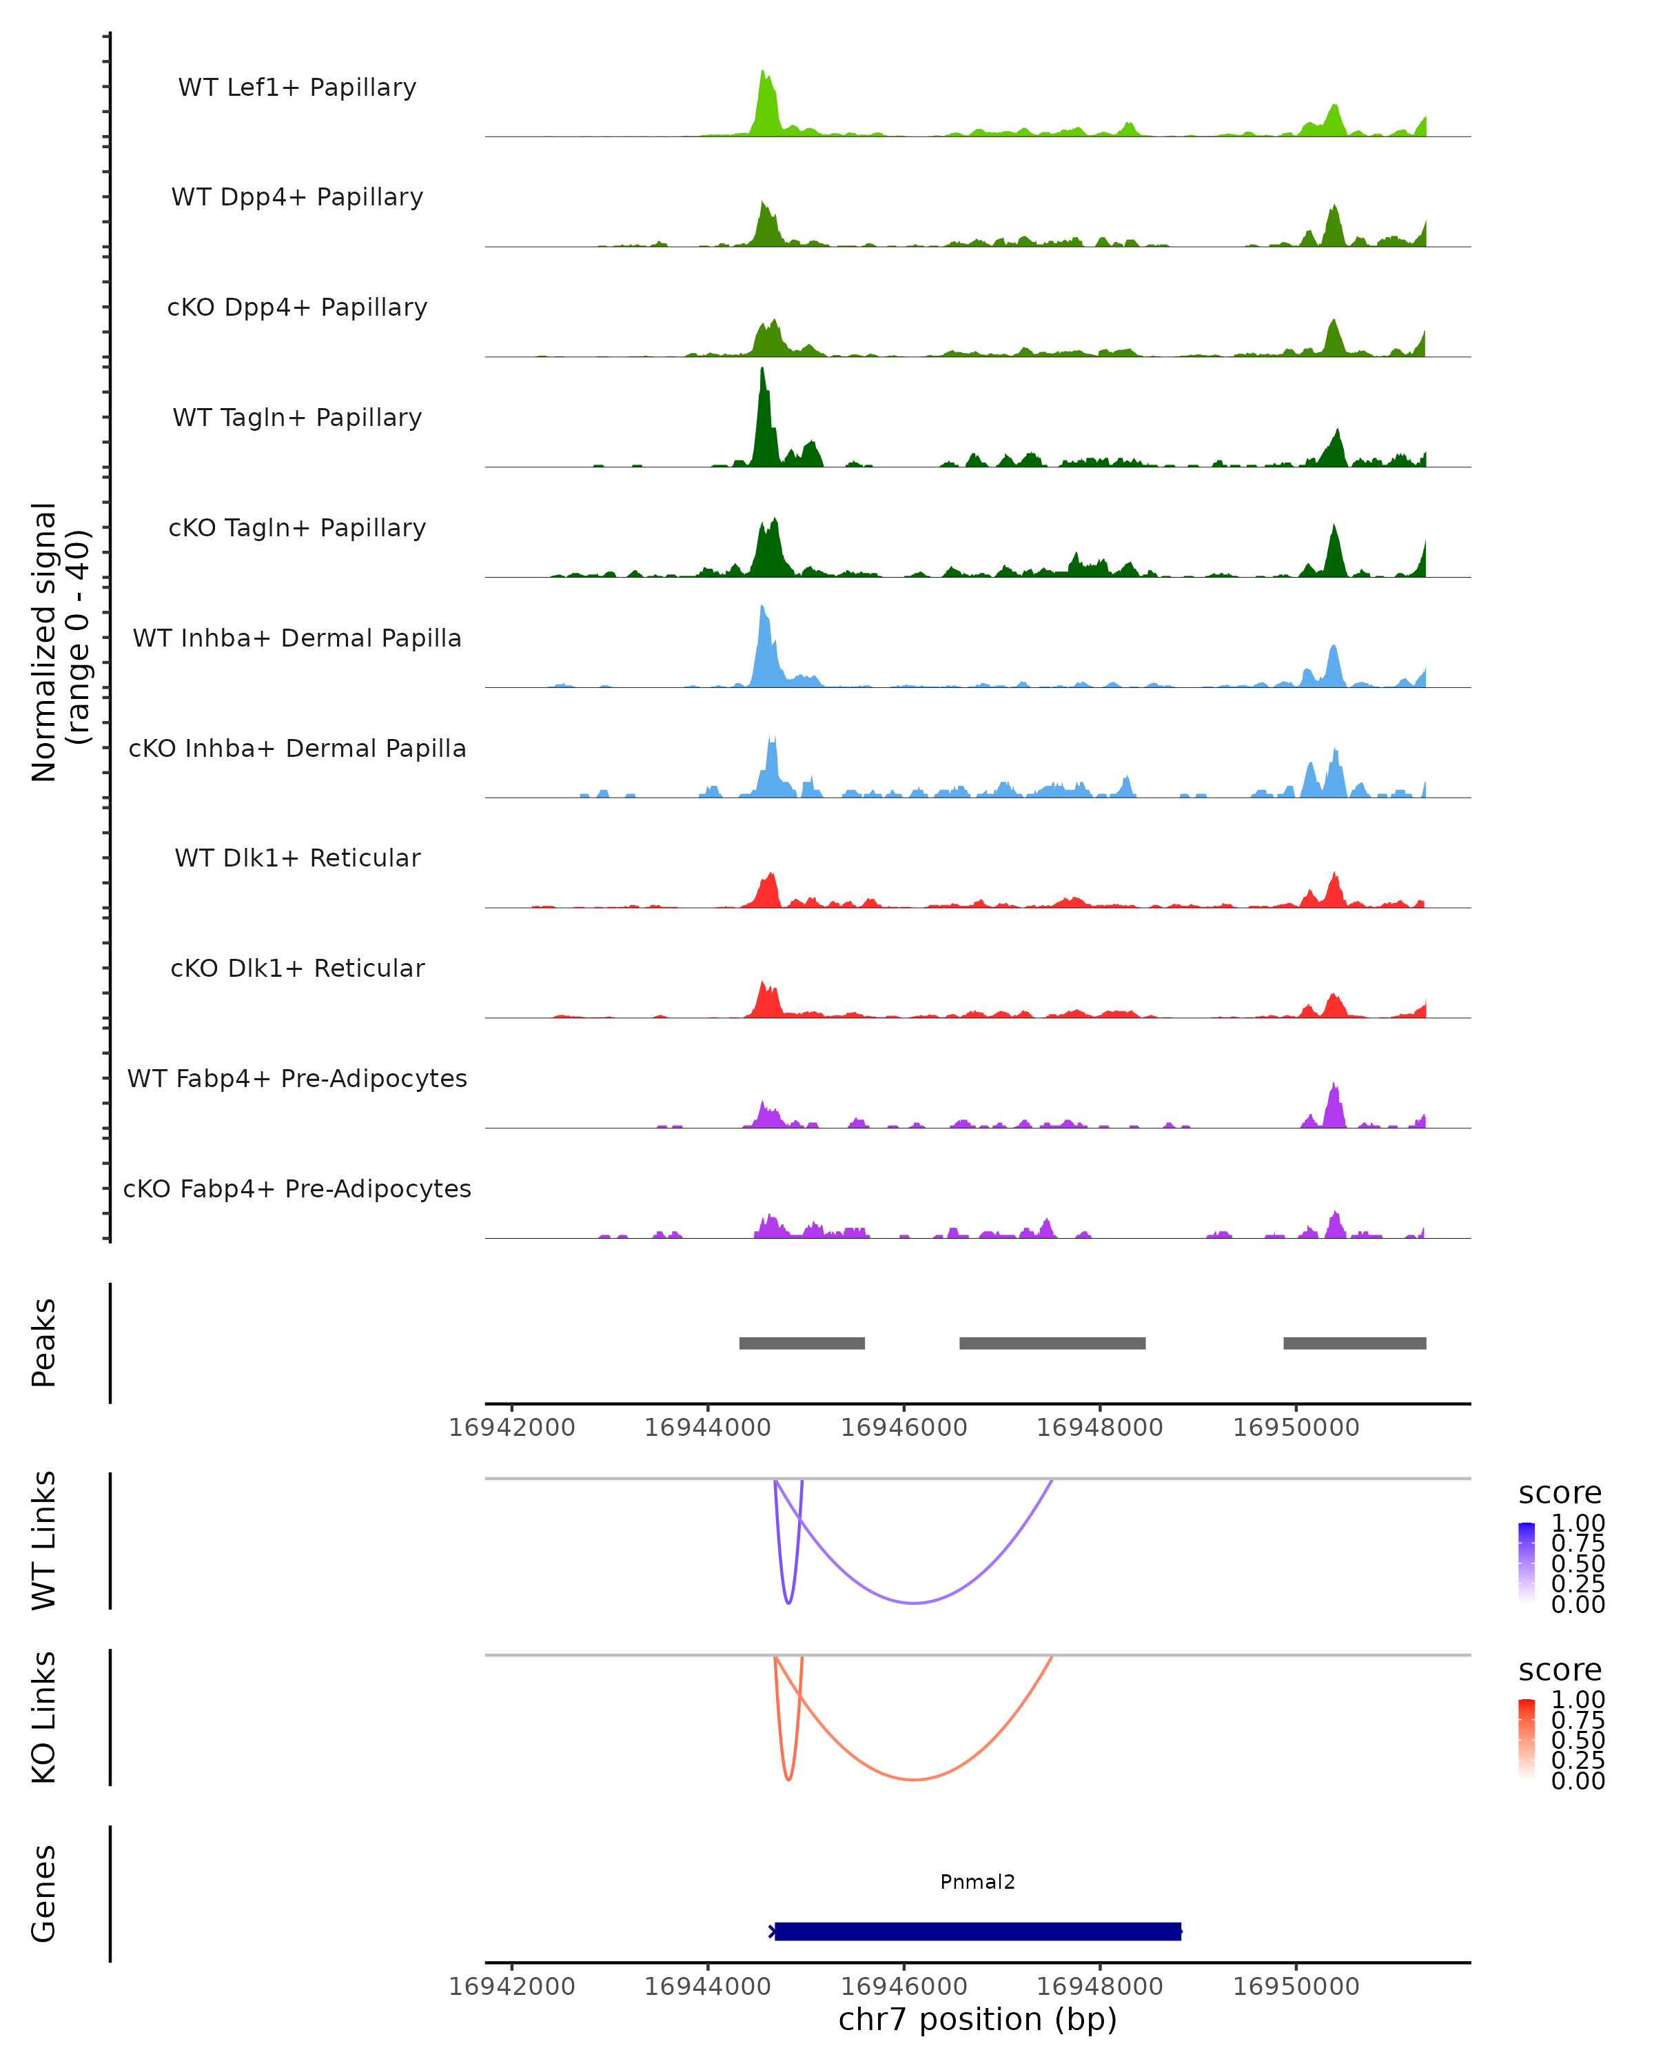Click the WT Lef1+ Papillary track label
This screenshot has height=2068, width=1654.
[x=297, y=88]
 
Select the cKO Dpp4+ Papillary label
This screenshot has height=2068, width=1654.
[x=297, y=307]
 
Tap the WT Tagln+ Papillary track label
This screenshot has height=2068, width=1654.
[x=297, y=417]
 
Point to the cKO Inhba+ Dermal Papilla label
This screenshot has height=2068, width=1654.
[x=297, y=748]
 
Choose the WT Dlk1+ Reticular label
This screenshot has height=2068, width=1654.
[x=297, y=858]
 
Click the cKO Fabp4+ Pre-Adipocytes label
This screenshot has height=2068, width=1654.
[x=297, y=1188]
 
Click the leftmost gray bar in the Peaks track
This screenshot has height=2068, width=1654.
[x=802, y=1343]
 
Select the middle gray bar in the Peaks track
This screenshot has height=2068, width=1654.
[x=1052, y=1343]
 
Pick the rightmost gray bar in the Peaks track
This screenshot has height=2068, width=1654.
[x=1354, y=1343]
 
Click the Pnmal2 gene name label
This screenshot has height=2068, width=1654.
[x=977, y=1882]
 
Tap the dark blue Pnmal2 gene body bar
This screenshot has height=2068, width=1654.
[x=977, y=1931]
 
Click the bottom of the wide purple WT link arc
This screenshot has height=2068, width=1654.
[x=915, y=1603]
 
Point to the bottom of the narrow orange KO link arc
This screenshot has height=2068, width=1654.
[x=788, y=1779]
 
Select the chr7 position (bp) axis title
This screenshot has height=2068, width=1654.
[x=977, y=2020]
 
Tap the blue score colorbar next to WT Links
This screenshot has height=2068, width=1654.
[x=1527, y=1561]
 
